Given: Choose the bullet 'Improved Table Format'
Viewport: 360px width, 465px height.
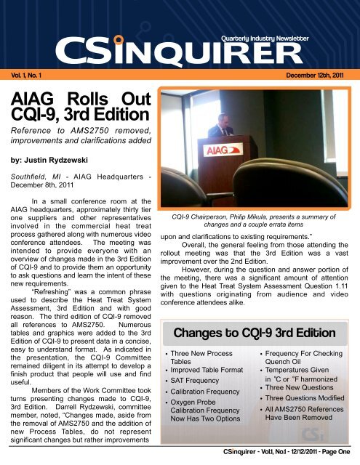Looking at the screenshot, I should pyautogui.click(x=212, y=373).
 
